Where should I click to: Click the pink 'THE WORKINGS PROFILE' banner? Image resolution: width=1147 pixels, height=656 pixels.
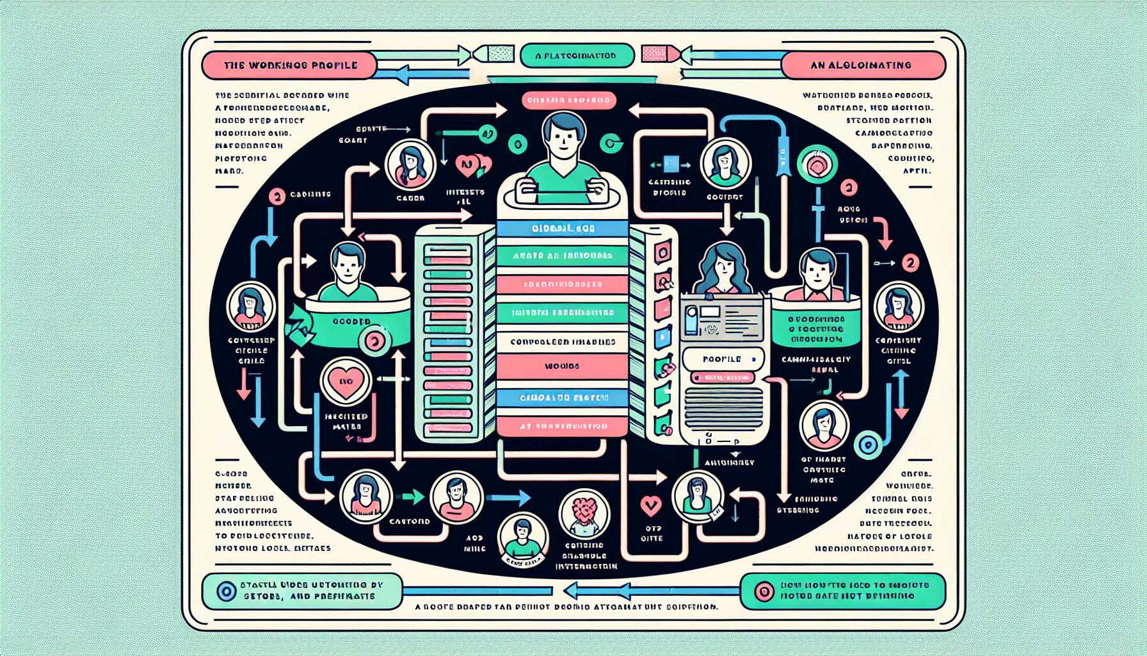pyautogui.click(x=289, y=65)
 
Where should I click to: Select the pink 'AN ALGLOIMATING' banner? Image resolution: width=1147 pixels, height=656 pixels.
pyautogui.click(x=863, y=65)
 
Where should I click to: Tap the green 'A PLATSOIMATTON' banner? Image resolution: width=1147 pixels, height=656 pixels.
pyautogui.click(x=577, y=56)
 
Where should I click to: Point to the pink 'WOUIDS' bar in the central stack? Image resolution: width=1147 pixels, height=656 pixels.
pyautogui.click(x=561, y=366)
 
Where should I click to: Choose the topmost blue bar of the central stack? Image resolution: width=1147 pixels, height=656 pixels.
pyautogui.click(x=561, y=228)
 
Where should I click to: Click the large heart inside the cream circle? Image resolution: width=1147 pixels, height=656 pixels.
pyautogui.click(x=346, y=384)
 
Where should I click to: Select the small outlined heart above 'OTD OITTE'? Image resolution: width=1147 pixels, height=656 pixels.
pyautogui.click(x=650, y=506)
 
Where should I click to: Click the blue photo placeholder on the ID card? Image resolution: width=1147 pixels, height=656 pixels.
pyautogui.click(x=691, y=320)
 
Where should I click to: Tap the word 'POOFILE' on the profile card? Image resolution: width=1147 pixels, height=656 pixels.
pyautogui.click(x=721, y=359)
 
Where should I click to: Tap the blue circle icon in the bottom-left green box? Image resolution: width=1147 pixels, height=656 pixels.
pyautogui.click(x=226, y=591)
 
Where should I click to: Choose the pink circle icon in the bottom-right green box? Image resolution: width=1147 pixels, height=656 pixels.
pyautogui.click(x=764, y=591)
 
